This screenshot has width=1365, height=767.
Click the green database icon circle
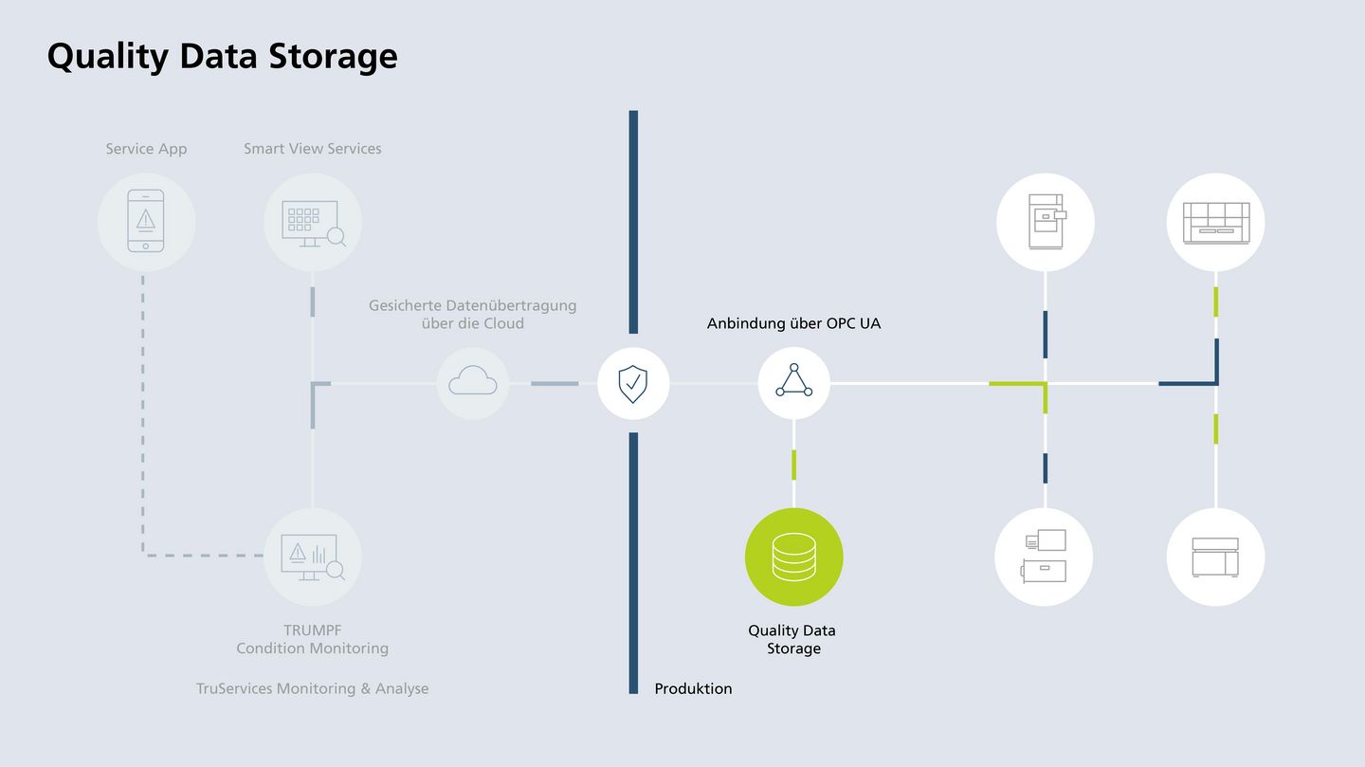click(x=793, y=557)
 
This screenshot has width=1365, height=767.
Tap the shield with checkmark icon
click(x=633, y=384)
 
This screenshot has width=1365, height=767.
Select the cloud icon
click(x=473, y=384)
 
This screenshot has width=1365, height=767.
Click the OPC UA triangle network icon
click(x=793, y=384)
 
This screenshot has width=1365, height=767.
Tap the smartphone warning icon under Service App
click(x=146, y=222)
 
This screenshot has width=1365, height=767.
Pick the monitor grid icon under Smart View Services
click(x=312, y=222)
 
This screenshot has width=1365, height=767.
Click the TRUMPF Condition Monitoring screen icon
click(x=312, y=557)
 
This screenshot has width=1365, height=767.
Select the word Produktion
click(x=693, y=688)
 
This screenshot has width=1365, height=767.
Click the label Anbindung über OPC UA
click(x=793, y=323)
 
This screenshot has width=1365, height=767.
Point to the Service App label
click(x=146, y=149)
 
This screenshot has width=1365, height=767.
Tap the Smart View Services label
click(x=312, y=149)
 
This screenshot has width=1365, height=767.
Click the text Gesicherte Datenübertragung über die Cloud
click(x=472, y=314)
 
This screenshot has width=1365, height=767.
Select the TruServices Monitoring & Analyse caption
click(x=312, y=688)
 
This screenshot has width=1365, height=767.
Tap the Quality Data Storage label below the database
click(x=792, y=639)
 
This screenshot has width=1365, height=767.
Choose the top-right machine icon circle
click(x=1215, y=222)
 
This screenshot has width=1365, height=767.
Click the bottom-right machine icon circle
click(x=1215, y=557)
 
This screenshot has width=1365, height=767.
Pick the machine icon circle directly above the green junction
click(x=1046, y=222)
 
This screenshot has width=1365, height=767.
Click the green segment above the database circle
click(x=793, y=465)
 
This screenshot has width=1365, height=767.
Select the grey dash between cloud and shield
click(x=555, y=384)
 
